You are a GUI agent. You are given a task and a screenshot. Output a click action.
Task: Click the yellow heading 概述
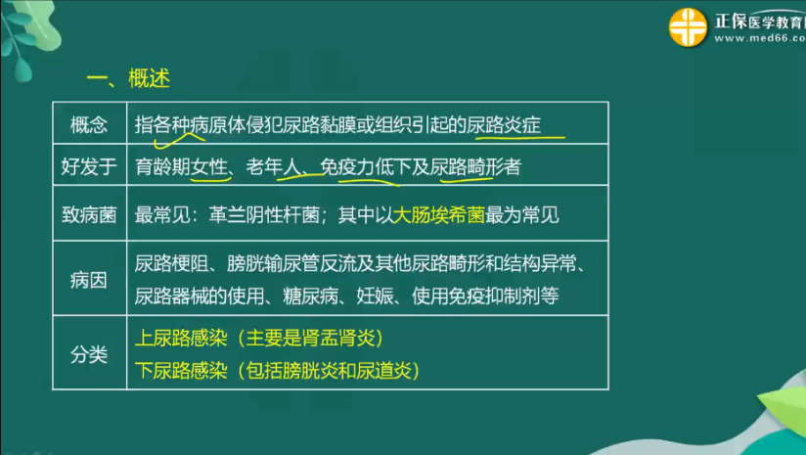pos(149,78)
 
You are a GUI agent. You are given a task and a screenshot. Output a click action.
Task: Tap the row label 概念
pos(89,125)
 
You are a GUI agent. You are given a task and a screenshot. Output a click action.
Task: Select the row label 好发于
pos(89,166)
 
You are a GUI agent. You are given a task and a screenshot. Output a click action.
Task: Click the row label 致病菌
pos(89,214)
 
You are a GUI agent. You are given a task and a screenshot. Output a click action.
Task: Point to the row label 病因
pos(89,280)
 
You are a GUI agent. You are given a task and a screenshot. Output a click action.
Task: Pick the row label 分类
pos(89,354)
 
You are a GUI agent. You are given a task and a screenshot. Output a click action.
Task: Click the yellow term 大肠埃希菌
pos(438,215)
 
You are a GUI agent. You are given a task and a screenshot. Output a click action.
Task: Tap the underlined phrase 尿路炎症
pos(504,125)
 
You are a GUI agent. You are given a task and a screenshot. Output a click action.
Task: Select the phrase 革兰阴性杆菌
pos(264,215)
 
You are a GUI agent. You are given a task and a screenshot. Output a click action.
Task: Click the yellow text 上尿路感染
pos(181,338)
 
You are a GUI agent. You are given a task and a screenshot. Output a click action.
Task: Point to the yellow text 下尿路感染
pos(181,370)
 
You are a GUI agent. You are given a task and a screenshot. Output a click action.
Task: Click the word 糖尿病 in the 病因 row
pos(310,296)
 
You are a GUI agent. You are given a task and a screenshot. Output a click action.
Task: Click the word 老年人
pos(274,166)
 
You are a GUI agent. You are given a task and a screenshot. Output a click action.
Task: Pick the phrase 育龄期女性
pos(181,166)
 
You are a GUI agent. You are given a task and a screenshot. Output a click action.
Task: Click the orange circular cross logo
pos(688,27)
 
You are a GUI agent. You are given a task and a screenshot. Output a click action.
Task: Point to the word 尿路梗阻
pos(172,264)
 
